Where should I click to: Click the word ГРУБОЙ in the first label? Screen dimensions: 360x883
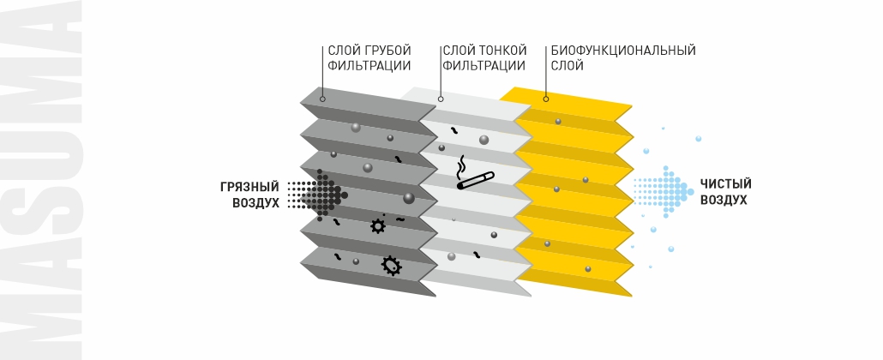coord(388,51)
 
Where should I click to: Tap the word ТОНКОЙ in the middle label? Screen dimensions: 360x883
coord(502,51)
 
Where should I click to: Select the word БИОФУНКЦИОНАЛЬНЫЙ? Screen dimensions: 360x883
coord(622,51)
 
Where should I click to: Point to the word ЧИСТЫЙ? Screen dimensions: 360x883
coord(725,183)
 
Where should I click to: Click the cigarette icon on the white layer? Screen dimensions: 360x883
coord(474,181)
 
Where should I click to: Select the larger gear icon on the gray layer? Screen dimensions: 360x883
coord(391,266)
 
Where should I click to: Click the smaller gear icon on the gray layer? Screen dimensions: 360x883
coord(377,226)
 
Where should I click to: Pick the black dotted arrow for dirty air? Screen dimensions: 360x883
coord(317,195)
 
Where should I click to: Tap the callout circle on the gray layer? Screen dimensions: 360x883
coord(322,99)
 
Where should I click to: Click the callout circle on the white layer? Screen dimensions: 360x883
coord(440,99)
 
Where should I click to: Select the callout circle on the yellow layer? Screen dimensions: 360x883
coord(546,99)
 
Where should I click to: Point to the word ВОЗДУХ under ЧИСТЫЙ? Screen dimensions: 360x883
coord(724,201)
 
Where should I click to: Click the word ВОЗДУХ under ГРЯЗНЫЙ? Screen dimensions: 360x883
coord(255,203)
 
